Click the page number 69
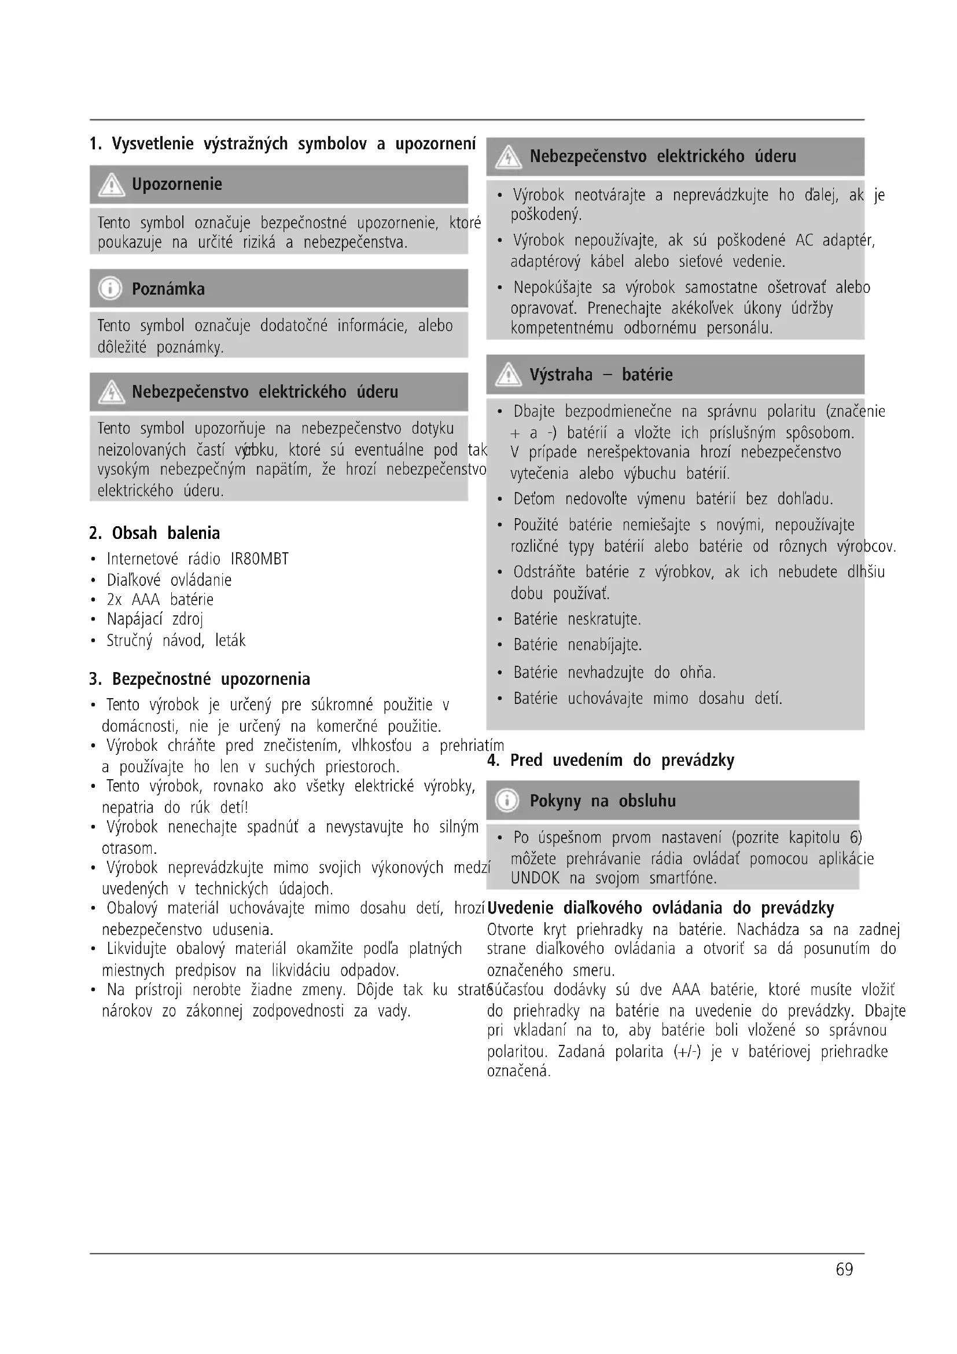click(x=844, y=1269)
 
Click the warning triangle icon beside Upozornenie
click(x=110, y=185)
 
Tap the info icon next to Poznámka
click(x=110, y=289)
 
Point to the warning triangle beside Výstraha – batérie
click(x=508, y=375)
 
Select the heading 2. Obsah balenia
click(x=154, y=533)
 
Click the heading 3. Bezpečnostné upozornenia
click(x=200, y=679)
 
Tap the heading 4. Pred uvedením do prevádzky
click(x=610, y=760)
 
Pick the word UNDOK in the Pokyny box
click(x=535, y=878)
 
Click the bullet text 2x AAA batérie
click(x=160, y=600)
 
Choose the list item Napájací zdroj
click(x=154, y=619)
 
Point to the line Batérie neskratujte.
click(x=576, y=619)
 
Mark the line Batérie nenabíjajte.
click(x=577, y=644)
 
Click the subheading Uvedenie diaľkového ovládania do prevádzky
click(x=661, y=908)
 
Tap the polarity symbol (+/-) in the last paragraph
click(x=687, y=1051)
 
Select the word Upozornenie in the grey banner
click(x=177, y=185)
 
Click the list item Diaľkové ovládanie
click(x=168, y=579)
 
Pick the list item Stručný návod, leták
click(x=176, y=640)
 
